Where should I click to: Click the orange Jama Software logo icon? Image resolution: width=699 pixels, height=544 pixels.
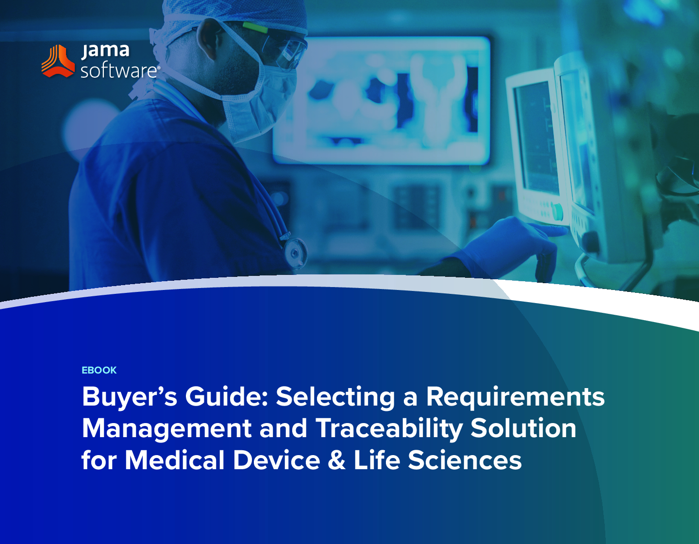click(58, 61)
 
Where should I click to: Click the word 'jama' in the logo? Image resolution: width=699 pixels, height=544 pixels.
click(105, 51)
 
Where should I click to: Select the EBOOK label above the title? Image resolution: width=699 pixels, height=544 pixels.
click(99, 370)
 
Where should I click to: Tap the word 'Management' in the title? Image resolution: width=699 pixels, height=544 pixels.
click(167, 429)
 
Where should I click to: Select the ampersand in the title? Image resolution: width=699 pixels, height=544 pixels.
click(337, 460)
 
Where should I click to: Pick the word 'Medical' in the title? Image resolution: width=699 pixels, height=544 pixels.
click(174, 459)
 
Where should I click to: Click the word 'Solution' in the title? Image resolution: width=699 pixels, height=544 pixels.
click(523, 428)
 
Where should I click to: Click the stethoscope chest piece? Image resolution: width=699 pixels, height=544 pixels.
click(295, 254)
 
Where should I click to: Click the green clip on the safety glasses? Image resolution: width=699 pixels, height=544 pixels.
click(255, 28)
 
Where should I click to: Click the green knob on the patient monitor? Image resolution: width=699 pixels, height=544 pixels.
click(557, 212)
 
